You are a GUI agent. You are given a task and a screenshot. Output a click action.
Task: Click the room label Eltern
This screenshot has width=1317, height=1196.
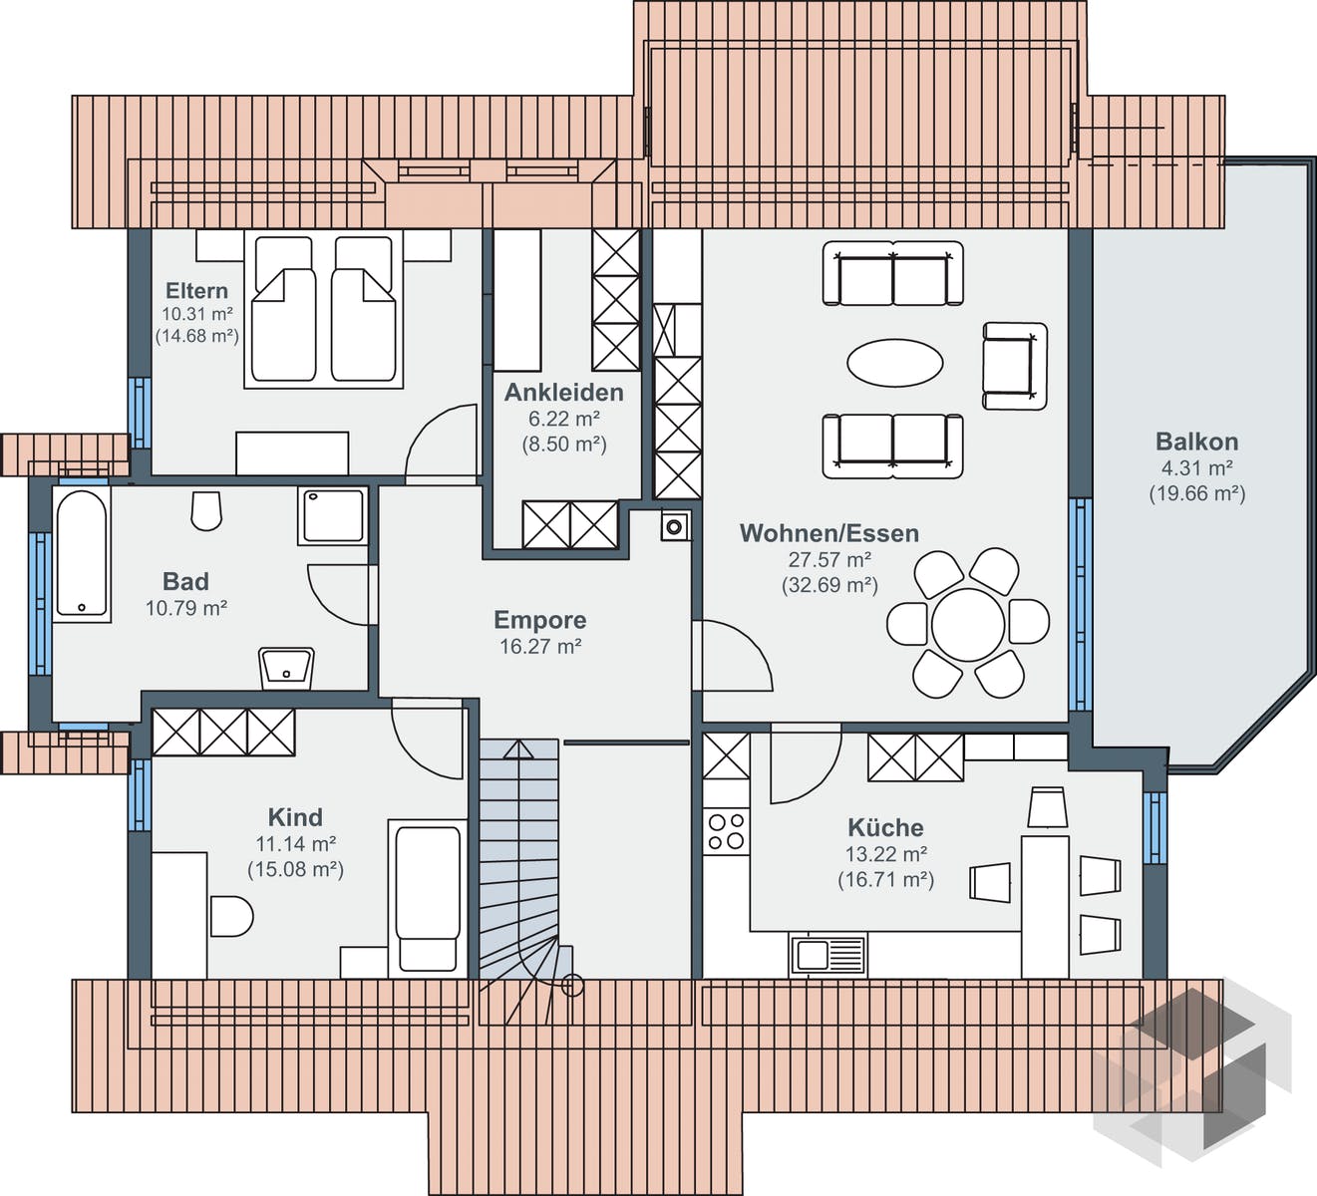coord(196,290)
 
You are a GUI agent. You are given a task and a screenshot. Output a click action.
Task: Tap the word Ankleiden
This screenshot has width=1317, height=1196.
coord(563,392)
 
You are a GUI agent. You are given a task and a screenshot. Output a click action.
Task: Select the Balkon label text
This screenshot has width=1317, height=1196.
coord(1196,441)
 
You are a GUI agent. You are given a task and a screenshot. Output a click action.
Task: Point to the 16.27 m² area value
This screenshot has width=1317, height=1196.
coord(539,646)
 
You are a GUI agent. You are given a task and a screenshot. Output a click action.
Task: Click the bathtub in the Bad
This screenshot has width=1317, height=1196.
coord(81,553)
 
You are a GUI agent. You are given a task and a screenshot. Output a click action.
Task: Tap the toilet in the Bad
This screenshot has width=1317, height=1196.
coord(206,510)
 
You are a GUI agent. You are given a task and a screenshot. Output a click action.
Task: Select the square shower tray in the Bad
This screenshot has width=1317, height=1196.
coord(332,515)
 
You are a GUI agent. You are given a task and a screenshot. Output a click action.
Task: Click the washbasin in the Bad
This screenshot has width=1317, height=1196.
coord(286,667)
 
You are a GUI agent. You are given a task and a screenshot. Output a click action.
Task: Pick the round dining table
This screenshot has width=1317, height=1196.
coord(968,624)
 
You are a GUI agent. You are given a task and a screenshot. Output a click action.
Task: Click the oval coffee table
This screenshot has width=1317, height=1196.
coord(894,362)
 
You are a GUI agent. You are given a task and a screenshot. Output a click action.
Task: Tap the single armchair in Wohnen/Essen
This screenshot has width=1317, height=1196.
coord(1014,366)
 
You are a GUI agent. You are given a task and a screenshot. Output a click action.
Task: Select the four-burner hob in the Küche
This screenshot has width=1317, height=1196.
coord(726,830)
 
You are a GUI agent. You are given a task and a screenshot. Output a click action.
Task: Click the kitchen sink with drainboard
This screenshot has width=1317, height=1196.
coord(828,955)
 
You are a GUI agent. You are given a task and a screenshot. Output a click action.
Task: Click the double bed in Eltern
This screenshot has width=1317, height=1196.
coord(323,309)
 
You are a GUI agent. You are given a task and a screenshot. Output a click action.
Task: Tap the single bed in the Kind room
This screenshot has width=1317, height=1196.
coord(428,895)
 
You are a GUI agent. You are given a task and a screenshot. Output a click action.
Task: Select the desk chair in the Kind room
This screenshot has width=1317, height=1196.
coord(232,916)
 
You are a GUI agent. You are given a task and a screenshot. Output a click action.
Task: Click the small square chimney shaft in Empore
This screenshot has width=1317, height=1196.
coord(674,525)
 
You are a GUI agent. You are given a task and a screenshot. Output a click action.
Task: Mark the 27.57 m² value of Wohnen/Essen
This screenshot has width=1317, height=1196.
coord(829,559)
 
